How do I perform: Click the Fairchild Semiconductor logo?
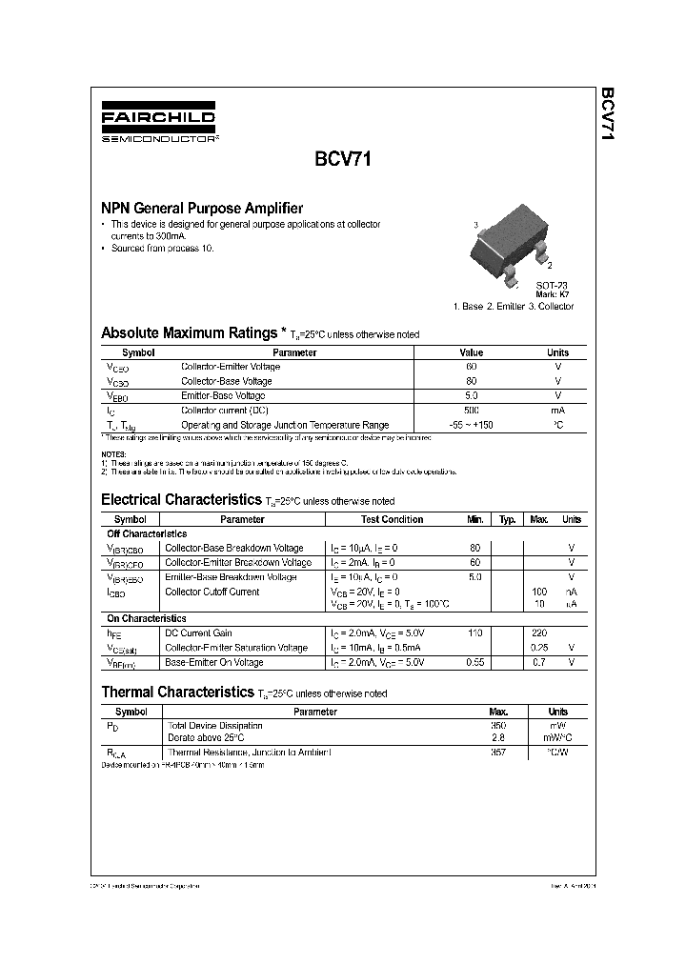(x=158, y=124)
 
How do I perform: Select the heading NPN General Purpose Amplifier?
(x=202, y=208)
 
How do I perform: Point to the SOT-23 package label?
(x=551, y=286)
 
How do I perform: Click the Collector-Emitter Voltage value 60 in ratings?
(x=472, y=367)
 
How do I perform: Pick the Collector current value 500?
(x=472, y=410)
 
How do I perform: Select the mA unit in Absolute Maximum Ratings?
(x=557, y=410)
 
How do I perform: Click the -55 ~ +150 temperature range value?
(x=472, y=425)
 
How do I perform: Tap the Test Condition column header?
(x=392, y=519)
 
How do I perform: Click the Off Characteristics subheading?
(x=147, y=534)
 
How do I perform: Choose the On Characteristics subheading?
(x=147, y=618)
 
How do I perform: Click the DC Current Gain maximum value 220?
(x=538, y=633)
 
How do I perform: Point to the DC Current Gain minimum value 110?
(x=475, y=633)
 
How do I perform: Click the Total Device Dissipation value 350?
(x=496, y=725)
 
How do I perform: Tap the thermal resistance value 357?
(x=496, y=753)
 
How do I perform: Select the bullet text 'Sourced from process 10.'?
(x=162, y=248)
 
